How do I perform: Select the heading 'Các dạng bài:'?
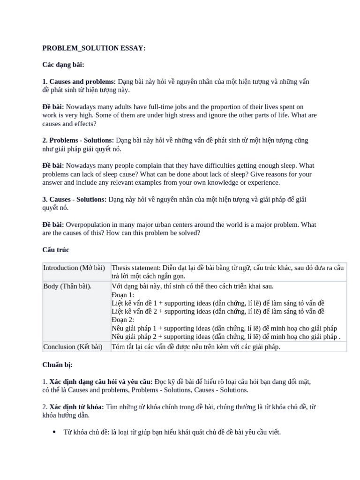[x=63, y=65]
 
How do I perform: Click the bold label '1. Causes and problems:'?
[x=79, y=82]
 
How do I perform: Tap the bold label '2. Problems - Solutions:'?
[x=78, y=140]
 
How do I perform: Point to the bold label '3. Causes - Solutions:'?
[x=75, y=199]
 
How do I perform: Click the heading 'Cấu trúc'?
[x=56, y=250]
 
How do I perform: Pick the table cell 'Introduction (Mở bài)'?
[x=74, y=268]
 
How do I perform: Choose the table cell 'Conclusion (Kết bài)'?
[x=73, y=347]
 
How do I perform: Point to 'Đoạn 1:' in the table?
[x=123, y=295]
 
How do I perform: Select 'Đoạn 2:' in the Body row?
[x=123, y=320]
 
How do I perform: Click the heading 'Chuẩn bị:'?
[x=58, y=365]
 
